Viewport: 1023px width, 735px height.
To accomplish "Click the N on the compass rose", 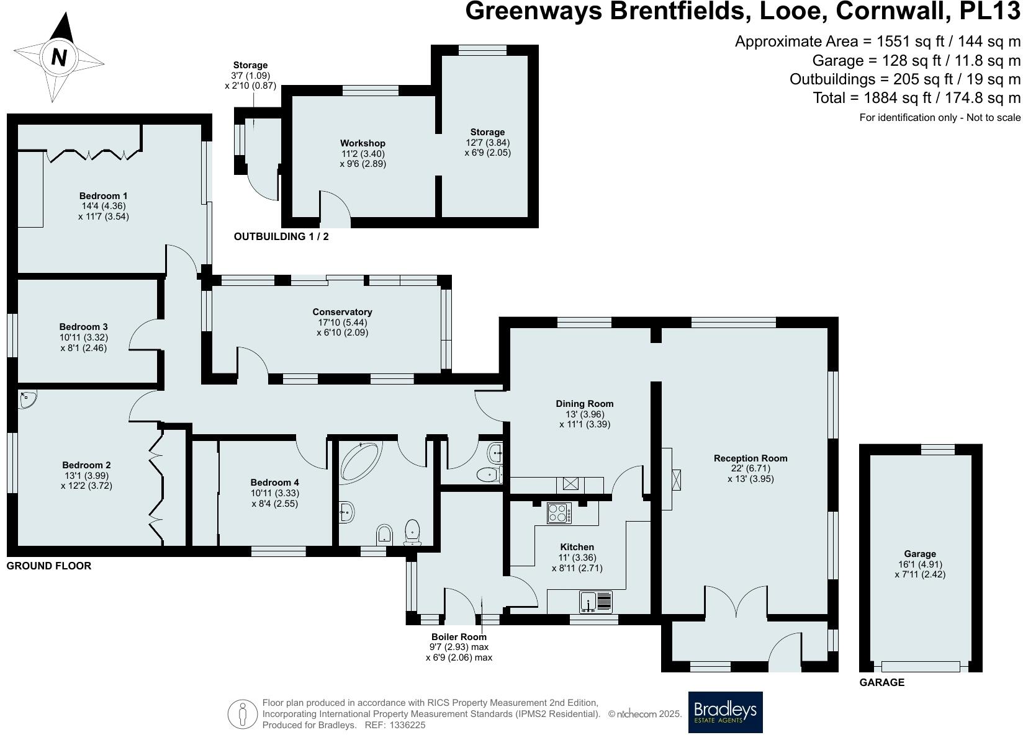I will [59, 58].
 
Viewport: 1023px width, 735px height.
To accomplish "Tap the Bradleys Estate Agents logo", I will [725, 712].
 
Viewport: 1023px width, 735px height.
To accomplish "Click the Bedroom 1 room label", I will [103, 196].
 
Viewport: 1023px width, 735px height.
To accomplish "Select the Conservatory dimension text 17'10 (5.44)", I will [342, 323].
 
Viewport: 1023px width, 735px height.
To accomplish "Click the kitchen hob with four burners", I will [559, 514].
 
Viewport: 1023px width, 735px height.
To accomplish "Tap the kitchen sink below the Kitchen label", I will [597, 601].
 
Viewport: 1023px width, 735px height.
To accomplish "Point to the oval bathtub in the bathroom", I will [363, 461].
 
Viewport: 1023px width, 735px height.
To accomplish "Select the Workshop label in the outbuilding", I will [363, 143].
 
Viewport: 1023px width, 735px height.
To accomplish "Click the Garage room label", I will [919, 554].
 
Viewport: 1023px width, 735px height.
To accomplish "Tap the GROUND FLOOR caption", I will [48, 566].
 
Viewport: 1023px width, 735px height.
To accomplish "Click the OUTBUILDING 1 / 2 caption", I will [281, 236].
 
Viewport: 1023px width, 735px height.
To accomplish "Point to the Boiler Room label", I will [459, 636].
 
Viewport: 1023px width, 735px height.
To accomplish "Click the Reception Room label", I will [750, 458].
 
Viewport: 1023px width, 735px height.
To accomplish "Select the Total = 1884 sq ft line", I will [916, 97].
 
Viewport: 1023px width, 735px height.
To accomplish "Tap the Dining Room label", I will [584, 404].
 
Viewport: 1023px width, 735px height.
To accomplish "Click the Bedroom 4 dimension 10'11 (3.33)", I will [274, 493].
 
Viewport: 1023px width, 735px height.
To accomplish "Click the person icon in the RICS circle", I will [243, 714].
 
